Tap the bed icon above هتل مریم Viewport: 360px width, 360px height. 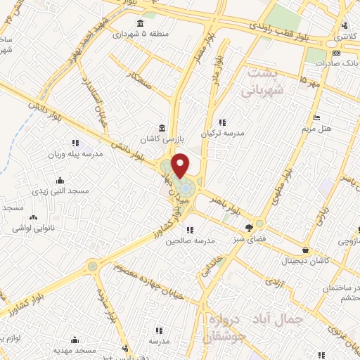click(x=317, y=117)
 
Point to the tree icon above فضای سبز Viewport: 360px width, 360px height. click(x=249, y=227)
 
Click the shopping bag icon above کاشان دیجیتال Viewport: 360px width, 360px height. click(x=305, y=250)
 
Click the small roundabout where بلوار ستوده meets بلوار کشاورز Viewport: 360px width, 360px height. click(x=92, y=266)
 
